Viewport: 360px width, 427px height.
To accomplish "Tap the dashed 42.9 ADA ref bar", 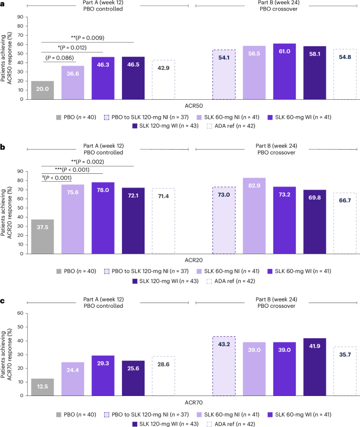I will point(163,79).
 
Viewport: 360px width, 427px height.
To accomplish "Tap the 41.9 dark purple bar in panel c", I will point(314,372).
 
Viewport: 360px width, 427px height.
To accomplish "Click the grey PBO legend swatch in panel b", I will point(57,272).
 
